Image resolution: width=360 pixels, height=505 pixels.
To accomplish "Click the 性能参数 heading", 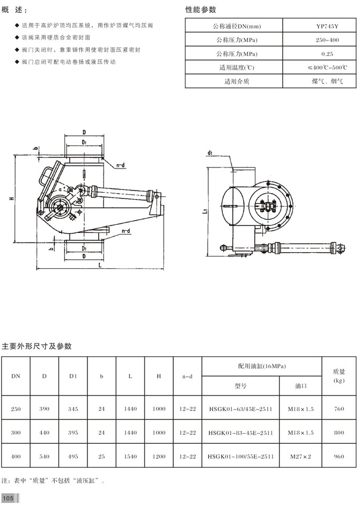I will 201,10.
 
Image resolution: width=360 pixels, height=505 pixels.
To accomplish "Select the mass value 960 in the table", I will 339,456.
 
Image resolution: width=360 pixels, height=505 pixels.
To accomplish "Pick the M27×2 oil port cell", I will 301,456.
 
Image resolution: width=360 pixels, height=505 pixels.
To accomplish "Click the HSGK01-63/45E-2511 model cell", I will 240,409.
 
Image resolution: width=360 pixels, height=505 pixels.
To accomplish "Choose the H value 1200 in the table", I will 159,456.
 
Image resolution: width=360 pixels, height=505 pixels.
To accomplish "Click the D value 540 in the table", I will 44,456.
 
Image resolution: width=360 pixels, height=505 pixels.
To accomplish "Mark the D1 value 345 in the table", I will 73,409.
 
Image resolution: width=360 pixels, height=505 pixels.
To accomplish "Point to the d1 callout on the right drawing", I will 209,153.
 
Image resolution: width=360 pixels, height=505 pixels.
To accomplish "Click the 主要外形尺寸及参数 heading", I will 37,346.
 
